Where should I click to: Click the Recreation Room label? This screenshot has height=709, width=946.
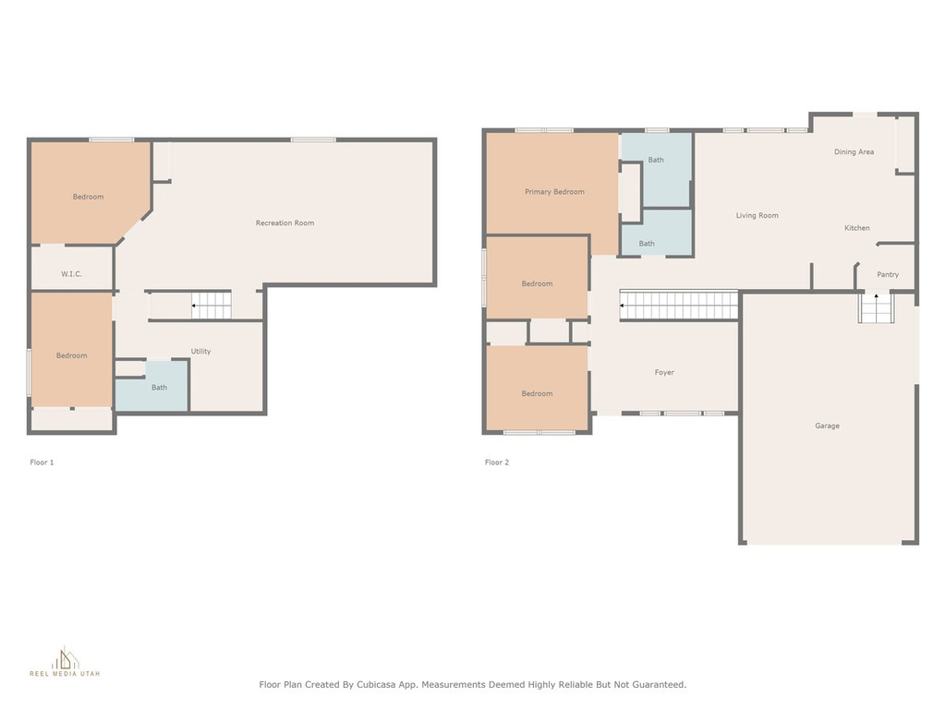285,223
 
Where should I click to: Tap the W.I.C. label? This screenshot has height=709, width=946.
71,273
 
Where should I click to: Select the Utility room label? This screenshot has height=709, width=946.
200,352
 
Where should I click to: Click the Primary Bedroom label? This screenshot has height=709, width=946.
554,192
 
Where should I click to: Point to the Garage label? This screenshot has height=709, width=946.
827,426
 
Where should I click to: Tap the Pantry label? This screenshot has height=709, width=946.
888,274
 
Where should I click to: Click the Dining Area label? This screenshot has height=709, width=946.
854,152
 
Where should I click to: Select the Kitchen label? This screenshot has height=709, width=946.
856,228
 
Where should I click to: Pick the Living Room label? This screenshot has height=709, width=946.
757,215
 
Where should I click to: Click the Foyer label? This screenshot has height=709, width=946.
664,373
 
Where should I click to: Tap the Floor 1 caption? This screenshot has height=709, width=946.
42,463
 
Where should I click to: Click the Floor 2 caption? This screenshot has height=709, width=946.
496,463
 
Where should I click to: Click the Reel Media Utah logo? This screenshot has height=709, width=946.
65,661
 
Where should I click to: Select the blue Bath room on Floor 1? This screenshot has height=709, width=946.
152,387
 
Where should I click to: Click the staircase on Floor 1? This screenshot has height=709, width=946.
212,305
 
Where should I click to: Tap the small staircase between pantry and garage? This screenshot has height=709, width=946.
876,307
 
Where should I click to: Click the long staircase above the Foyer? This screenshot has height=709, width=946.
679,305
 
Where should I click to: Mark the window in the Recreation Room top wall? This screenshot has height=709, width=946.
312,140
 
